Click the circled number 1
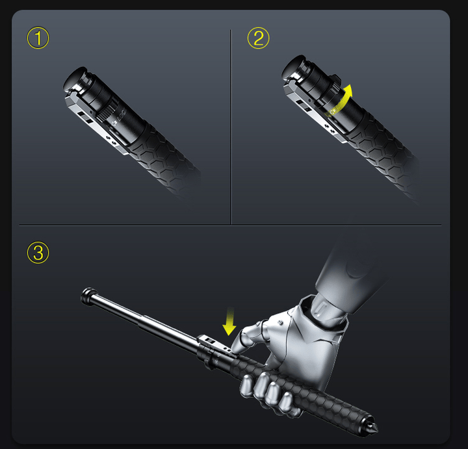[x=38, y=38]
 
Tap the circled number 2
[x=258, y=38]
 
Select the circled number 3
[x=38, y=253]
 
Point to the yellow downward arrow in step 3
[x=229, y=322]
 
